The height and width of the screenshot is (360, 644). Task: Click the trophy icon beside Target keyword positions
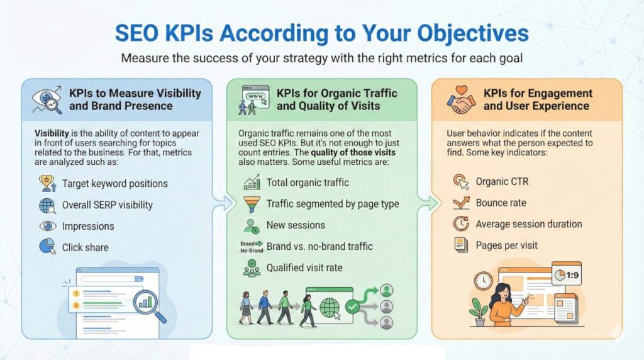[x=47, y=184]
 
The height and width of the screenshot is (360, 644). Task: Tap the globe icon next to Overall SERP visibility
[x=47, y=205]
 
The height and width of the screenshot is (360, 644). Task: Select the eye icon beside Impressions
[x=47, y=226]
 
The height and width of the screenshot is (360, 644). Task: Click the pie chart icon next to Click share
[x=47, y=247]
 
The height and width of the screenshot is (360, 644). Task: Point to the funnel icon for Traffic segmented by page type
[x=252, y=204]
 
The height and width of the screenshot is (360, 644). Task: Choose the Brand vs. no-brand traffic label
[x=319, y=246]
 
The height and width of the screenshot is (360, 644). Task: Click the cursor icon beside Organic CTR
[x=461, y=182]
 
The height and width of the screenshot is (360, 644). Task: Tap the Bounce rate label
[x=501, y=203]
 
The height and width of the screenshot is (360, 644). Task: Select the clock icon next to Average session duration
[x=461, y=223]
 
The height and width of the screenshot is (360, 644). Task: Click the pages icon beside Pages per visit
[x=461, y=245]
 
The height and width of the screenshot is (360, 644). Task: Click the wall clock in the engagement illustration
[x=484, y=281]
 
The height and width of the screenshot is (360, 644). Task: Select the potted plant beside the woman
[x=479, y=311]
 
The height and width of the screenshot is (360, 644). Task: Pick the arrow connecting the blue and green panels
[x=221, y=203]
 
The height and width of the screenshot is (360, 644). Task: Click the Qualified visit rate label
[x=304, y=267]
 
